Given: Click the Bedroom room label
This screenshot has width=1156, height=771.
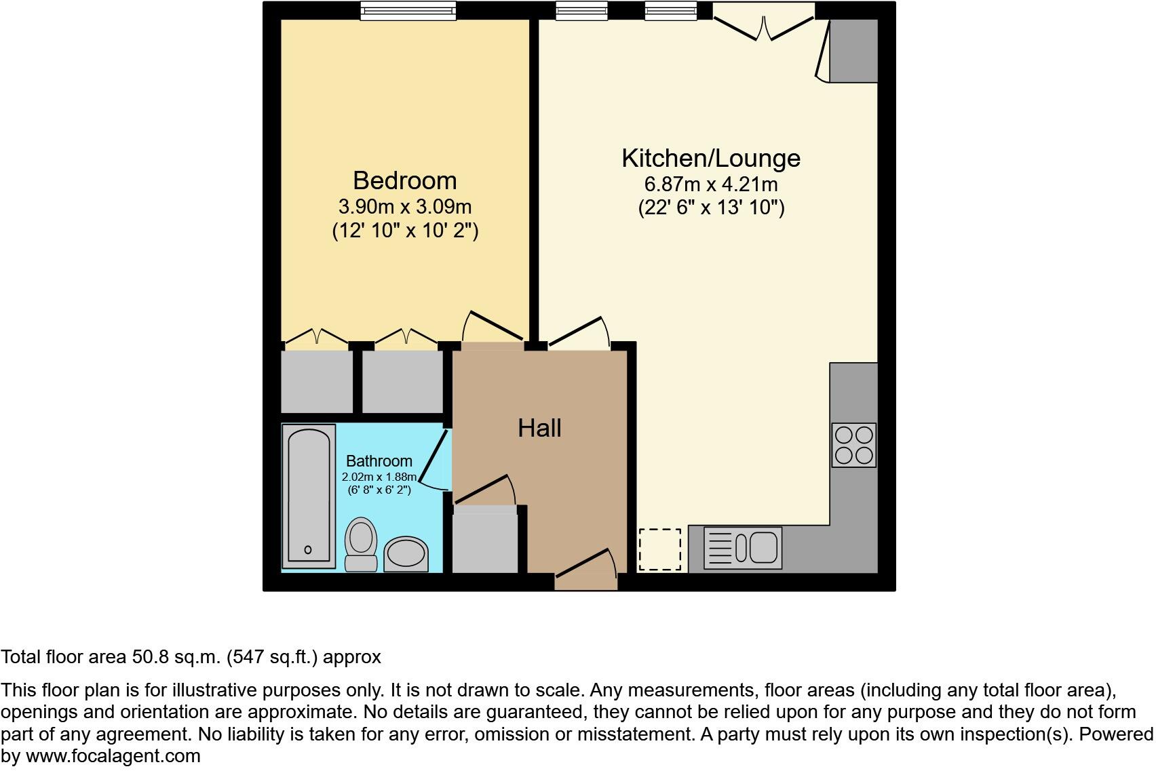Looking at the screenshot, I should pyautogui.click(x=404, y=180).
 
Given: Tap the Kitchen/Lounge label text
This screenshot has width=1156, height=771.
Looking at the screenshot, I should pyautogui.click(x=710, y=158).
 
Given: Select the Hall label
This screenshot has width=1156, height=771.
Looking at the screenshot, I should pyautogui.click(x=539, y=428).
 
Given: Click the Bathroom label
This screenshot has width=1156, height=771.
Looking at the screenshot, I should pyautogui.click(x=379, y=461).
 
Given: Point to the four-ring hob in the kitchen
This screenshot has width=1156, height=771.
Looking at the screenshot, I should pyautogui.click(x=854, y=445).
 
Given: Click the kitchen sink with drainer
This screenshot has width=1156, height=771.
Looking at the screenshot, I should pyautogui.click(x=743, y=547).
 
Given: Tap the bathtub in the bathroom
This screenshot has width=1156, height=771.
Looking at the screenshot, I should pyautogui.click(x=309, y=496).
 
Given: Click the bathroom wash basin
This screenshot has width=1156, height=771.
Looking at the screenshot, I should pyautogui.click(x=406, y=555).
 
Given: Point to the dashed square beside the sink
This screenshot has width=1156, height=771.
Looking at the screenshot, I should pyautogui.click(x=659, y=549).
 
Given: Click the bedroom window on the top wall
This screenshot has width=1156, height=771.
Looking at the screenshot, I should pyautogui.click(x=408, y=10).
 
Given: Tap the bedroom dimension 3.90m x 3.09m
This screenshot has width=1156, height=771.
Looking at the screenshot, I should pyautogui.click(x=404, y=206).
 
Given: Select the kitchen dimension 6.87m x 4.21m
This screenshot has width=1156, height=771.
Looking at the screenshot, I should pyautogui.click(x=710, y=184).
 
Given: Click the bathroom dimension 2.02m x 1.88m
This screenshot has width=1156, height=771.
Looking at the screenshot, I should pyautogui.click(x=379, y=477).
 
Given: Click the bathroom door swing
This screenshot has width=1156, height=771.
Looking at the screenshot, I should pyautogui.click(x=434, y=461).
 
